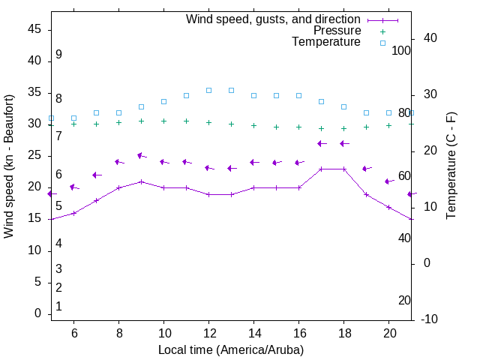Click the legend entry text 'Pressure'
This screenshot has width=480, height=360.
coord(337,31)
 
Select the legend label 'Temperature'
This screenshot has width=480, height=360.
coord(326,42)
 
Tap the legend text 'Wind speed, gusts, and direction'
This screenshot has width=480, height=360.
coord(273,19)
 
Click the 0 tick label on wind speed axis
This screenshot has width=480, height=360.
coord(37,314)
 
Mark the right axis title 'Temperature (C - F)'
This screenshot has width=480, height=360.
coord(451,166)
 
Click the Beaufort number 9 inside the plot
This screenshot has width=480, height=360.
coord(58,55)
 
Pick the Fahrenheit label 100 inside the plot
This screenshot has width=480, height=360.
coord(402,50)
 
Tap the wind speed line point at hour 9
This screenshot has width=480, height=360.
coord(141,181)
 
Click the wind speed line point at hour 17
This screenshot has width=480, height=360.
coord(321,169)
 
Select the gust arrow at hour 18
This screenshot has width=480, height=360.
coord(344,143)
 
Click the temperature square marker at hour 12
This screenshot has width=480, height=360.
coord(209,90)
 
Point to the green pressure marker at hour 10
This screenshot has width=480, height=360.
coord(163,121)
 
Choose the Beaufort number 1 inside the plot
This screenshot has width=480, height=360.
coord(58,307)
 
